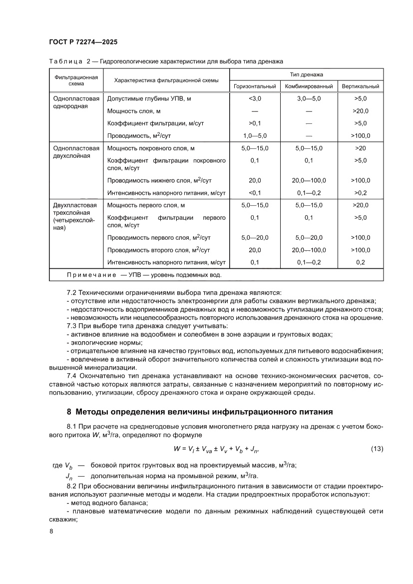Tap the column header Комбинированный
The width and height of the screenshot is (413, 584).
pyautogui.click(x=309, y=86)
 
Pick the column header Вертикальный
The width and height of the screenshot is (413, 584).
pyautogui.click(x=361, y=86)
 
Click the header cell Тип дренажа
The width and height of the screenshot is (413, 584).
pyautogui.click(x=307, y=74)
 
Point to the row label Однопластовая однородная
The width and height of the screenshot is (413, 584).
pyautogui.click(x=76, y=102)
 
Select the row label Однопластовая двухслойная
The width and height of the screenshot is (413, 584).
pyautogui.click(x=76, y=152)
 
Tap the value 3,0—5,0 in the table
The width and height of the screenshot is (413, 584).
pyautogui.click(x=309, y=99)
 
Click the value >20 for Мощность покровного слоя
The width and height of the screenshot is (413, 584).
pyautogui.click(x=361, y=148)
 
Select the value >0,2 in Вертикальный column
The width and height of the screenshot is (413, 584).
pyautogui.click(x=361, y=192)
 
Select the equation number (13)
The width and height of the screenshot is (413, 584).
pyautogui.click(x=377, y=449)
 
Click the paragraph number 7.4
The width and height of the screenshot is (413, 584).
pyautogui.click(x=73, y=375)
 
